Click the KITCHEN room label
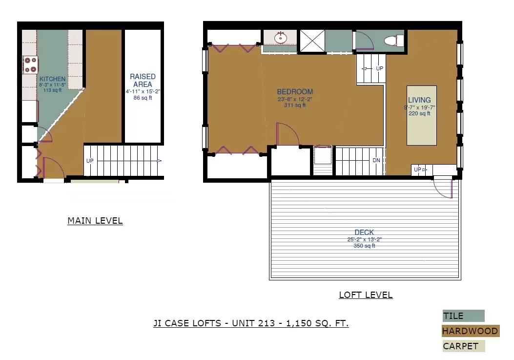(52, 79)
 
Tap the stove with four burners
(30, 64)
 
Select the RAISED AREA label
(143, 81)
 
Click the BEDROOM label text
(295, 92)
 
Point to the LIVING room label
(419, 100)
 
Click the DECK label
(364, 233)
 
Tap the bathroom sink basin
(280, 38)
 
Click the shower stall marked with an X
(312, 41)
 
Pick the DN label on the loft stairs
(376, 161)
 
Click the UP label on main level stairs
(89, 161)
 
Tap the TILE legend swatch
(463, 316)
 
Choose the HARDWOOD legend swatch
(471, 331)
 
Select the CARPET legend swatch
(464, 346)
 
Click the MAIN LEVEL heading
(95, 221)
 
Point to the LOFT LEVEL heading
(366, 295)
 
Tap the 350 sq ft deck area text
(364, 246)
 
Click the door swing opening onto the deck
(443, 188)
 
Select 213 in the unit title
(267, 323)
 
